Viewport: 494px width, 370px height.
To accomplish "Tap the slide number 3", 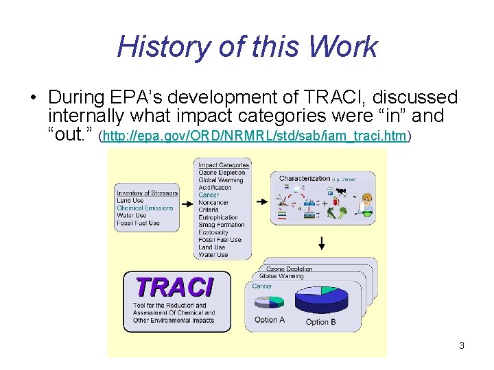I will pyautogui.click(x=462, y=345).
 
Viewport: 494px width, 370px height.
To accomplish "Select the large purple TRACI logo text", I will pyautogui.click(x=174, y=286).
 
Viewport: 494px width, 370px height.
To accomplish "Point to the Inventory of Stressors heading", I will pyautogui.click(x=147, y=193).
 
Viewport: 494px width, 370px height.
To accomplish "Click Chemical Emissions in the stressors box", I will pyautogui.click(x=145, y=208).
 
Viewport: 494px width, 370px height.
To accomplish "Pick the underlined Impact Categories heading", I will pyautogui.click(x=224, y=165).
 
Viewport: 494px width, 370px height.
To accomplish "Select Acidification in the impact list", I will pyautogui.click(x=215, y=188).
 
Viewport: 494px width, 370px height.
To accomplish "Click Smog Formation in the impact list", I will pyautogui.click(x=221, y=225).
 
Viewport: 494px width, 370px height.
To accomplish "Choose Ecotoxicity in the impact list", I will pyautogui.click(x=213, y=232).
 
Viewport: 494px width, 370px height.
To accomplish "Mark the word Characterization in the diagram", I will pyautogui.click(x=305, y=179).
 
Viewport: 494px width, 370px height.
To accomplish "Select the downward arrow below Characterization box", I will pyautogui.click(x=321, y=243).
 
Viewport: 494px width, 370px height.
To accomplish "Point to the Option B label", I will pyautogui.click(x=320, y=322).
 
